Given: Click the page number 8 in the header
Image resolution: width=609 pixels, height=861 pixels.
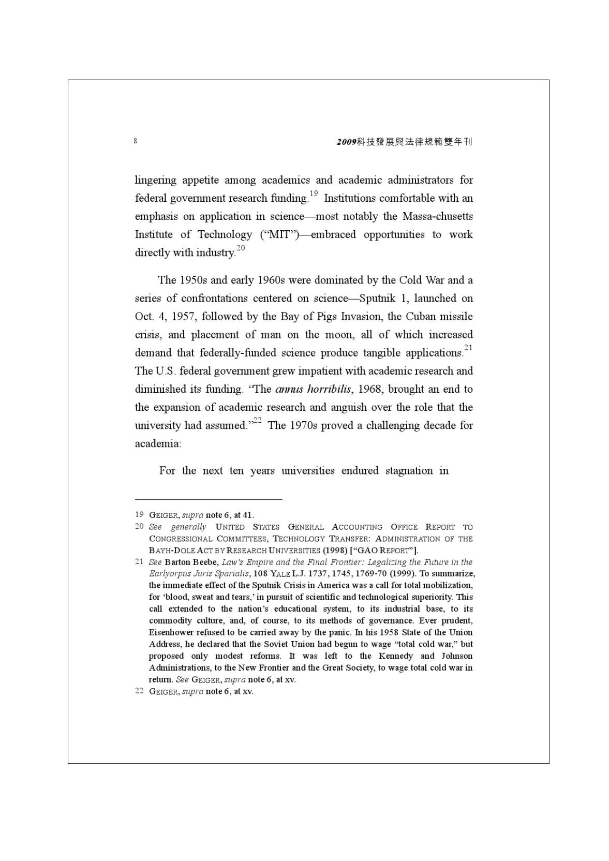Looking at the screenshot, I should tap(135, 141).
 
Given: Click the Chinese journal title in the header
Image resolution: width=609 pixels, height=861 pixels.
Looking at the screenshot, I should tap(404, 142).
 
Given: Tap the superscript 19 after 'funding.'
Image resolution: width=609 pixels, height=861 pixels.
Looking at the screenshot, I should tap(313, 194).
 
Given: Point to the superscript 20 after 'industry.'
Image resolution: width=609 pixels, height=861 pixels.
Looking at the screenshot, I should tap(241, 248).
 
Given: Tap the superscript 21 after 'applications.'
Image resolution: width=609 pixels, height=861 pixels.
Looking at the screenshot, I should tap(468, 348).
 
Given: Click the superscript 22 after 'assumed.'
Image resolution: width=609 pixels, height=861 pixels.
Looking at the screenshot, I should tap(257, 421).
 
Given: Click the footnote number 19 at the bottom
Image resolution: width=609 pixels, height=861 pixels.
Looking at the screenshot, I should tap(139, 515).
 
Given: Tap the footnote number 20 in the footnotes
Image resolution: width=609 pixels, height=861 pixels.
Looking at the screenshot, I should tap(139, 526).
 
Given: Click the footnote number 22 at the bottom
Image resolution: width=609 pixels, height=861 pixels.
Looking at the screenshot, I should tap(139, 691).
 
